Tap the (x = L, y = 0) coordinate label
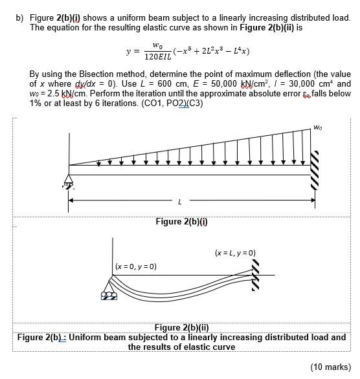point(234,252)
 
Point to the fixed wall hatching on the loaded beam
point(316,171)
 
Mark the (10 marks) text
point(331,367)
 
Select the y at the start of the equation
point(129,51)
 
